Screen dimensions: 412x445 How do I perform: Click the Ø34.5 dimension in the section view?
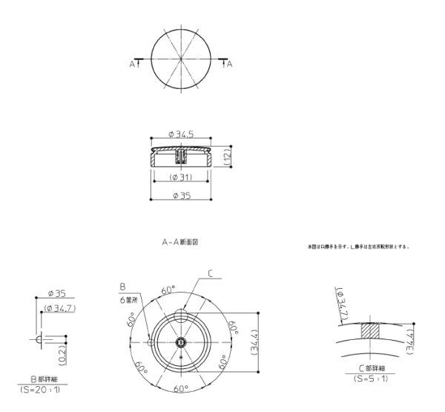point(181,134)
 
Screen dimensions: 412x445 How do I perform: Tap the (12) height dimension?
point(230,157)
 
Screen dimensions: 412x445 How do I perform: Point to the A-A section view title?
point(180,242)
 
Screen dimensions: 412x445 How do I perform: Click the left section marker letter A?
point(132,65)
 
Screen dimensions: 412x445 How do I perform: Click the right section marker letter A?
point(229,65)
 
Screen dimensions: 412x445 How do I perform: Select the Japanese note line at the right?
point(358,246)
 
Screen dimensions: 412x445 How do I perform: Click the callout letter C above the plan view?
point(210,274)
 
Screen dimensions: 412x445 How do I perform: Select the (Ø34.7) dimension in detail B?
point(59,307)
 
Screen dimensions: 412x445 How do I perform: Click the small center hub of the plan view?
point(180,341)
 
